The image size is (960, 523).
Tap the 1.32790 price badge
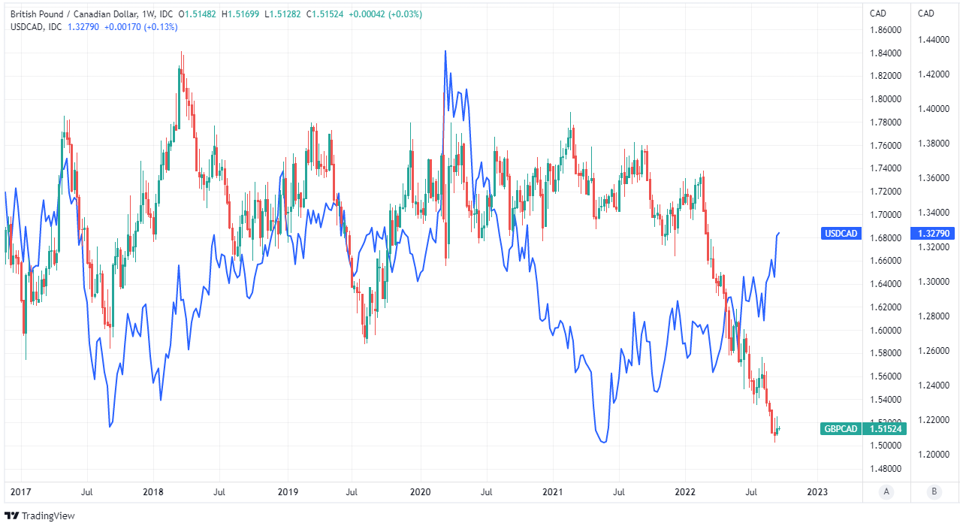(934, 234)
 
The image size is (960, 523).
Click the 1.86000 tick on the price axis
(885, 30)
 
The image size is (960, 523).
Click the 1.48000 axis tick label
(885, 469)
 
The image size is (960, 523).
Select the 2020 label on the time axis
(419, 492)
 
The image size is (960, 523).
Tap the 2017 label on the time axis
(20, 492)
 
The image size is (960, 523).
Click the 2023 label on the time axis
(817, 492)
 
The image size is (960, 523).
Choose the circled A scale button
(887, 491)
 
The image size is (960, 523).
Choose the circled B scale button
(934, 491)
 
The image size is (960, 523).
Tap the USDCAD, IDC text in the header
(36, 27)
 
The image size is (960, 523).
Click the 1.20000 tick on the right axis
(934, 455)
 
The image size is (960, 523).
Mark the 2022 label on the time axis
(685, 492)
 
